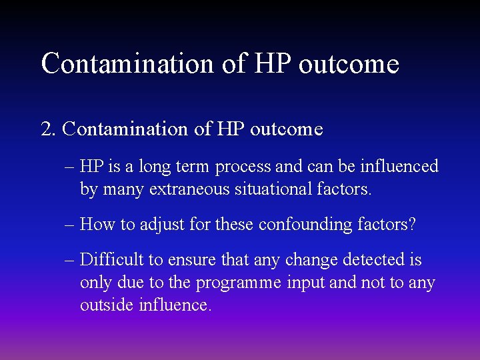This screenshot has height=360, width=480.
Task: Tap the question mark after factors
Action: point(412,224)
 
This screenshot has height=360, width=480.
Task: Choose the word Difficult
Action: point(111,260)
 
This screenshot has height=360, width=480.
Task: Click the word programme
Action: point(240,283)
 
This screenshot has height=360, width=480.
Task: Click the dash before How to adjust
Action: point(70,225)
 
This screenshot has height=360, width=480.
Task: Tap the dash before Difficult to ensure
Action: point(70,261)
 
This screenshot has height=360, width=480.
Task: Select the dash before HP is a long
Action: point(70,167)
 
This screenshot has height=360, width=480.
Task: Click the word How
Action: point(97,224)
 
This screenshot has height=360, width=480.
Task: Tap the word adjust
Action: point(155,225)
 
